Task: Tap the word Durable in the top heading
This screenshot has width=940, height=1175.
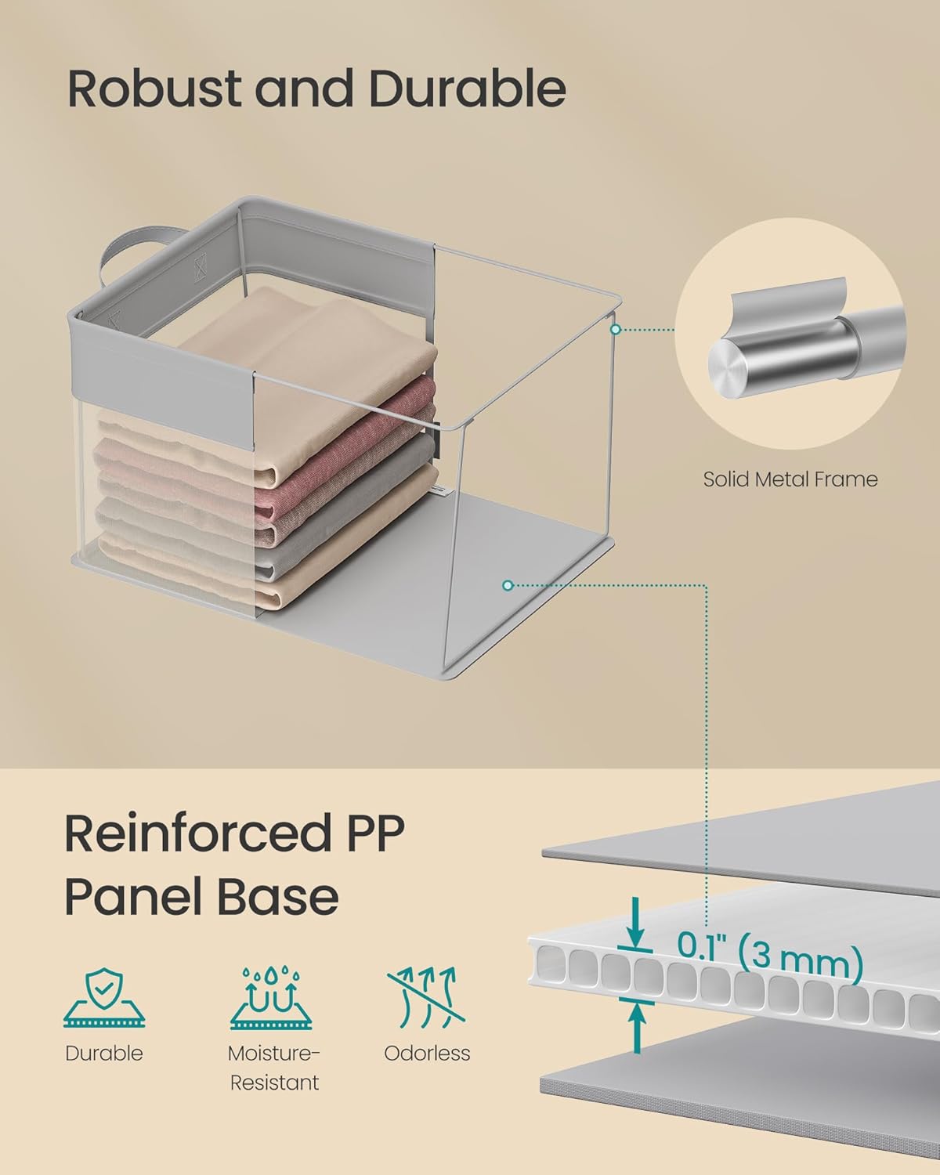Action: (x=467, y=89)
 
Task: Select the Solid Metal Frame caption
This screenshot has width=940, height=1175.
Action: (x=790, y=479)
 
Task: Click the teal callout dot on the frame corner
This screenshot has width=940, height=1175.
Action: (x=616, y=330)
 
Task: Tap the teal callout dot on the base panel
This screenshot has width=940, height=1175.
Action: (x=508, y=585)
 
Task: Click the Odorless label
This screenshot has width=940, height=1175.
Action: (x=427, y=1053)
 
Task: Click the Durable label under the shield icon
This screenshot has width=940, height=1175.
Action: (x=104, y=1053)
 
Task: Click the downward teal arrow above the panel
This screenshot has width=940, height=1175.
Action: (x=636, y=924)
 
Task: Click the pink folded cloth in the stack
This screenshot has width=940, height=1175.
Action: (x=345, y=407)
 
